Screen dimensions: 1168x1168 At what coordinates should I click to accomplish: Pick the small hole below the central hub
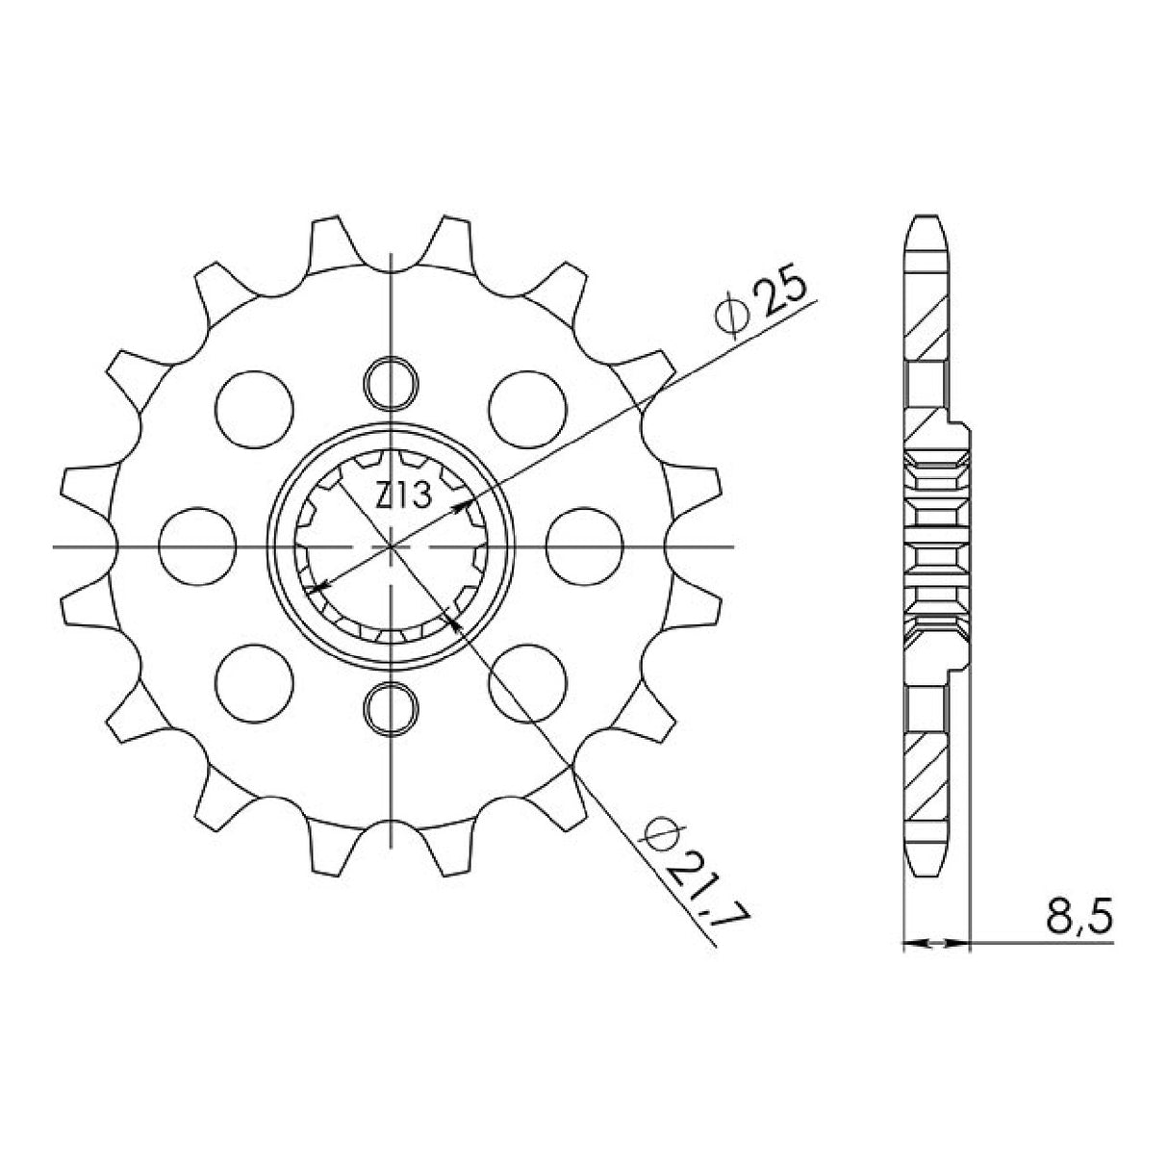[x=393, y=708]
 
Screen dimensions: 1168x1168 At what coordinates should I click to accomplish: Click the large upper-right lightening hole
[x=526, y=407]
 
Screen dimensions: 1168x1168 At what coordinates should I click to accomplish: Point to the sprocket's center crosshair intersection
[x=393, y=546]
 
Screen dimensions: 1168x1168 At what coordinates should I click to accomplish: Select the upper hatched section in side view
[x=927, y=326]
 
